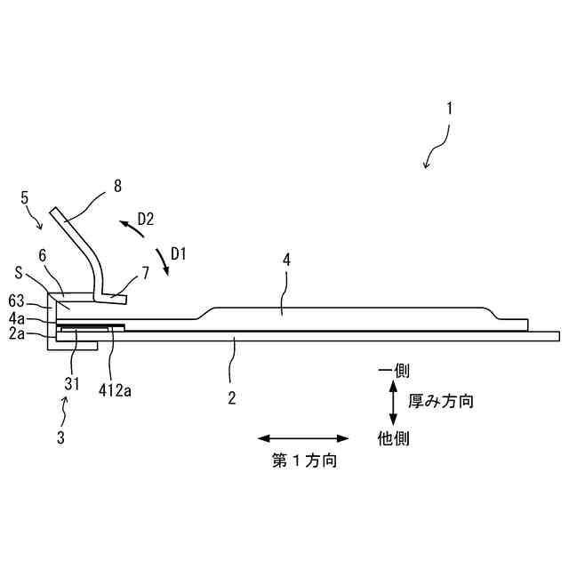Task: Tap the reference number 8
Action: tap(117, 186)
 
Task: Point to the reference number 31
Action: tap(72, 384)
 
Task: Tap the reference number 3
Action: tap(60, 437)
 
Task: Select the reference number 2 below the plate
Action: tap(231, 397)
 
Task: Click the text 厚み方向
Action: tap(441, 401)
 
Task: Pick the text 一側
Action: tap(393, 370)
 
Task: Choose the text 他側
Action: tap(393, 437)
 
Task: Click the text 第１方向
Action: tap(304, 461)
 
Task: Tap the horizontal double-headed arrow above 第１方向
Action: tap(304, 437)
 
